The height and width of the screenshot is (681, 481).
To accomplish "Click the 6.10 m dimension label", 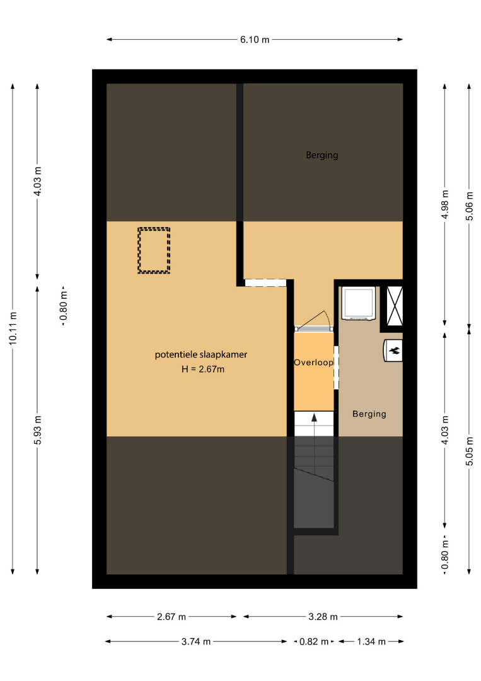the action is coord(255,40).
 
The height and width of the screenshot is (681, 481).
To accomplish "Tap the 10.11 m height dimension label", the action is coord(13,329).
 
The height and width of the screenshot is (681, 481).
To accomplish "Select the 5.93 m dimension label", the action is coord(38,430).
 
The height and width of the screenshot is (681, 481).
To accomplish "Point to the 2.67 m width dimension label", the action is coord(171,617).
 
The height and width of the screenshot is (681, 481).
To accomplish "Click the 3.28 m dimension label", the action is coord(323,617).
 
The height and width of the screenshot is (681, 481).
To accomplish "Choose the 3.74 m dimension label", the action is coord(196,641).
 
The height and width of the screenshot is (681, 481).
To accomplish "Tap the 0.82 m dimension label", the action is coord(314,641).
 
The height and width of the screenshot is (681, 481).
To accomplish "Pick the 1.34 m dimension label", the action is coord(371,641).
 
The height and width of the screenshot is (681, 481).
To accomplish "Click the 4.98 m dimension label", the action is coord(445,204).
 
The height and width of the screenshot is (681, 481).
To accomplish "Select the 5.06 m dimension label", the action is coord(469,206).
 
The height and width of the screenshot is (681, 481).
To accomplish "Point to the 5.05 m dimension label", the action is coord(469,451).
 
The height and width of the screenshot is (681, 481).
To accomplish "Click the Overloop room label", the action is coord(313,363).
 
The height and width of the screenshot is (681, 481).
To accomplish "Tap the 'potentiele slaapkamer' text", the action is coord(201,354).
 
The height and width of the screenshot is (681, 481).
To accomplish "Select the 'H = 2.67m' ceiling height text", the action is coord(203,369).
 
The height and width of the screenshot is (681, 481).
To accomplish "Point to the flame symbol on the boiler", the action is coord(395,350).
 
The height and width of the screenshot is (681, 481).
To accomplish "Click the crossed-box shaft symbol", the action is coord(395,306).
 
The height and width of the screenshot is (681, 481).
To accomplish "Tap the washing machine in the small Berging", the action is coord(359,303).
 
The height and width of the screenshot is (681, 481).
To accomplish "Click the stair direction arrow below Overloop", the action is coord(314,424).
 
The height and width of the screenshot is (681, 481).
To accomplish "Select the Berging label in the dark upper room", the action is coord(322,155).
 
